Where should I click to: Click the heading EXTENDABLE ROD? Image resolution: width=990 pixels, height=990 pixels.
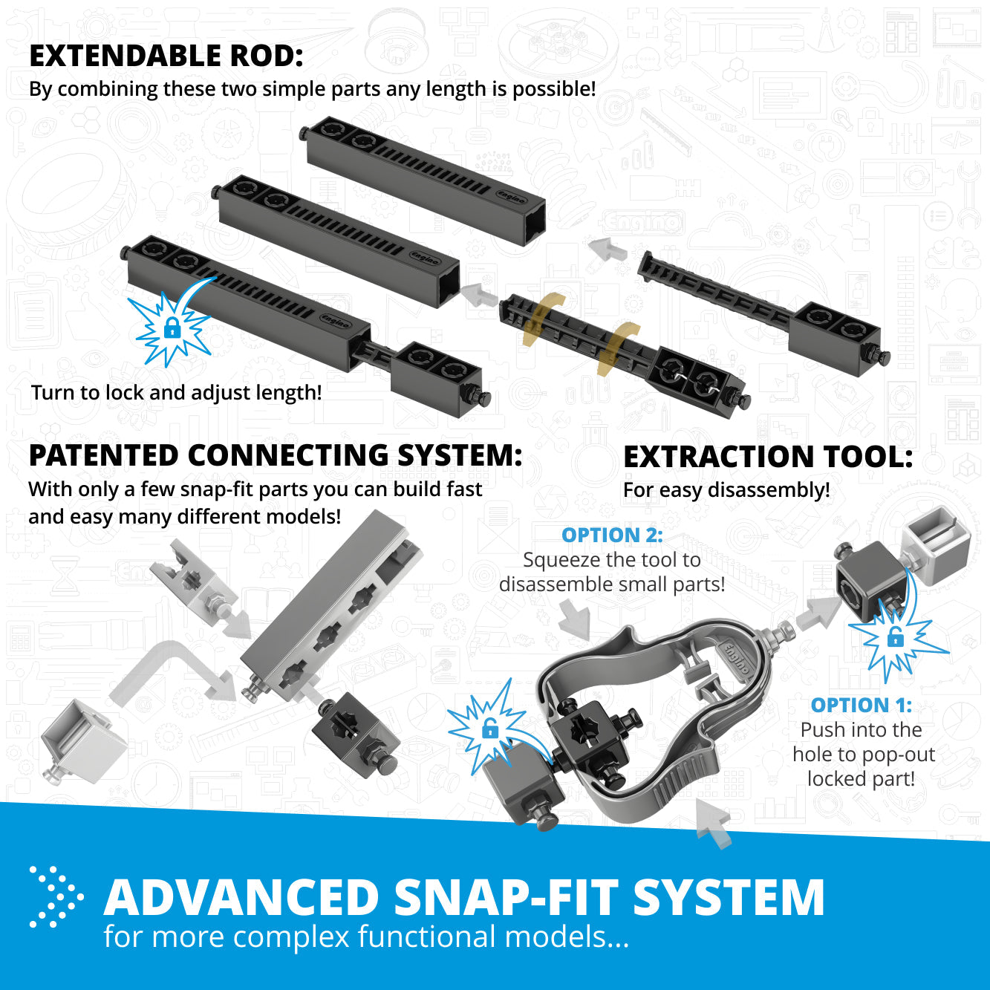[x=166, y=56]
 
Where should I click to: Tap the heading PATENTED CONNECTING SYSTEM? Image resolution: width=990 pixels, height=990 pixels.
[x=275, y=456]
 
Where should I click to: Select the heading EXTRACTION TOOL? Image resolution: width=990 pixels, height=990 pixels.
[x=768, y=457]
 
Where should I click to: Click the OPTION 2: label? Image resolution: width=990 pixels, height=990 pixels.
[x=611, y=535]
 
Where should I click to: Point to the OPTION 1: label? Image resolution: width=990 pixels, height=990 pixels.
[x=861, y=705]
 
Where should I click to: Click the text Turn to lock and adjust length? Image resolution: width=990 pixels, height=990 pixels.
[x=176, y=392]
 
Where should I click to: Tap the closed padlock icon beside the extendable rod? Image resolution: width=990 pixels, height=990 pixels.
[x=172, y=328]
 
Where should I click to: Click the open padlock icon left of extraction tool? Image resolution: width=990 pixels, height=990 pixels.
[x=489, y=729]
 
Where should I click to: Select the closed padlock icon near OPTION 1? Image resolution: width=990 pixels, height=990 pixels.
[x=895, y=637]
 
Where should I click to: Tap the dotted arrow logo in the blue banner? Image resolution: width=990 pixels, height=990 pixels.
[x=55, y=896]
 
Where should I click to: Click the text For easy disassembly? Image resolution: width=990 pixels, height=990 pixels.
[x=726, y=490]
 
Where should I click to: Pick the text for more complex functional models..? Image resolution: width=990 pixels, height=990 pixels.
[x=366, y=937]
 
